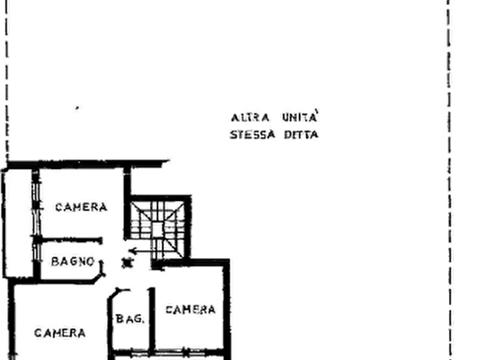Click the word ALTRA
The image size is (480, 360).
coord(250,118)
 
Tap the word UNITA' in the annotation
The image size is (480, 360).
coord(300,117)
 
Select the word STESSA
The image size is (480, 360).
coord(253,135)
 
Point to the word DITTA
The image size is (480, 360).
coord(301,135)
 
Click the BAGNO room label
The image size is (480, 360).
coord(73,262)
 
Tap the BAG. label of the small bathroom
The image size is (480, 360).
coord(130,319)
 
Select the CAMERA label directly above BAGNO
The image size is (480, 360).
coord(81,207)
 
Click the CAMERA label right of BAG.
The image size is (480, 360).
coord(190,310)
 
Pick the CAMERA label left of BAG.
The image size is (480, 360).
coord(60,333)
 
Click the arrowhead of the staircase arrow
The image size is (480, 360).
coord(132,251)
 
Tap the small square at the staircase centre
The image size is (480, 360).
coord(157,229)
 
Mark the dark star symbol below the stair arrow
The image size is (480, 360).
coord(127,263)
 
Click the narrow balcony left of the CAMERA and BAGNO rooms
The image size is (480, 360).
coord(18,223)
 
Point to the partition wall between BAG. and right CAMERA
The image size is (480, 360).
coord(152,319)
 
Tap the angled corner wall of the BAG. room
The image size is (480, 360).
coord(113,294)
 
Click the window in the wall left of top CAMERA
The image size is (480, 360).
coord(36,208)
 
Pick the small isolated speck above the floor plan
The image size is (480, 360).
coord(77,108)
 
